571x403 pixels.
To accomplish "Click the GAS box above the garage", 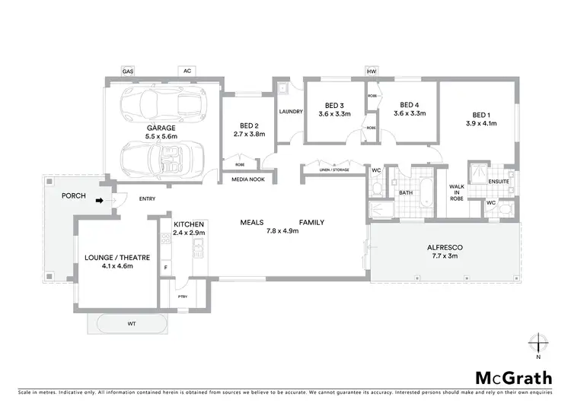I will coord(128,71).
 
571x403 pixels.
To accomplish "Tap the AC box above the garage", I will coord(187,71).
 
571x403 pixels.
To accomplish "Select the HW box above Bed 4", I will coord(372,71).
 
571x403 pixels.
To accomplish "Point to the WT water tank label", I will coord(132,324).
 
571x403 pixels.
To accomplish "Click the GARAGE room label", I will coord(161,128).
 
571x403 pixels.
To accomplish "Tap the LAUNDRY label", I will coord(292,112).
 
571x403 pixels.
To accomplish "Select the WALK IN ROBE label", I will coord(456,192).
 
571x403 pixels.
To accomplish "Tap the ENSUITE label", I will coord(499,181).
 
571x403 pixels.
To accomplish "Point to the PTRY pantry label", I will coord(183,297).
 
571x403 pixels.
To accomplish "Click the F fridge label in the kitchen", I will coord(165,268).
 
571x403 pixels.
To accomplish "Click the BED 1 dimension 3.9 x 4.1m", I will coord(481,122).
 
